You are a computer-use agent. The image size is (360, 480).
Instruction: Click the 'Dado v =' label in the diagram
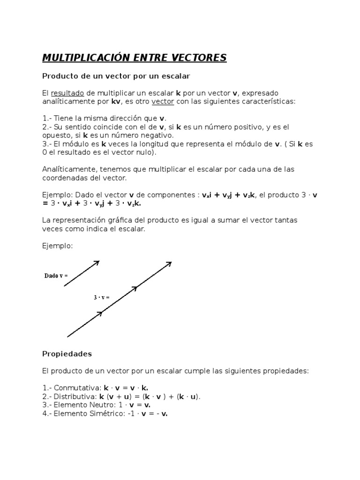(56, 276)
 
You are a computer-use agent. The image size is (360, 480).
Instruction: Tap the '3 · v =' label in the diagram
(101, 297)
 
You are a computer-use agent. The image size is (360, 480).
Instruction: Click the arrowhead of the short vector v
(97, 262)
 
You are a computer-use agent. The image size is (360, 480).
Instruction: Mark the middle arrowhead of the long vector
(135, 288)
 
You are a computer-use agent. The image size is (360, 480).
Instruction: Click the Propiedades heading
(67, 353)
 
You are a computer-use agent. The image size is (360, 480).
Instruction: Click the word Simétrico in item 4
(111, 413)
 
